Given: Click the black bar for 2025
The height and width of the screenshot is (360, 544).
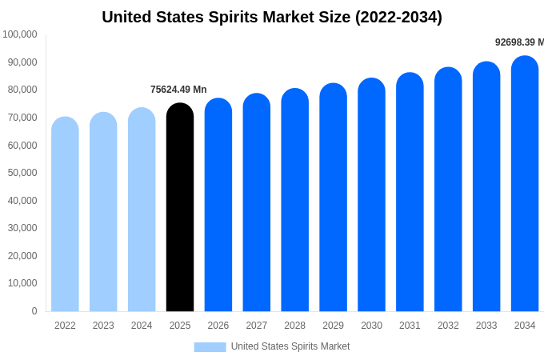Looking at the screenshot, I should click(180, 208).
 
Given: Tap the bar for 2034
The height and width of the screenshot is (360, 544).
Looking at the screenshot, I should click(525, 184).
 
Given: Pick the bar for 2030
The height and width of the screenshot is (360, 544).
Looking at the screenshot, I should click(371, 195).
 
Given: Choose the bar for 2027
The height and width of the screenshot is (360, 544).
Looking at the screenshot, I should click(257, 203).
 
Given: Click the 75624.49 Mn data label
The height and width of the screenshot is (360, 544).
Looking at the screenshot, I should click(178, 90).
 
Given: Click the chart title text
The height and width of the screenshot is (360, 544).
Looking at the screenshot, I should click(272, 17).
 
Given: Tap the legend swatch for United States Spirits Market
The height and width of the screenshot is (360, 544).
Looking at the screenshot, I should click(210, 346).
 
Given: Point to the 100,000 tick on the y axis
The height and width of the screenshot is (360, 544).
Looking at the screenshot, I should click(19, 34).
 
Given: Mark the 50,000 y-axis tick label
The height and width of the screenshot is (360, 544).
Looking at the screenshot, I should click(22, 173).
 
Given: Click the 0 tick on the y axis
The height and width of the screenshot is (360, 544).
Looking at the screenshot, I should click(34, 311).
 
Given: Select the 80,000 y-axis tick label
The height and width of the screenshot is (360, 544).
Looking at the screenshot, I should click(22, 90).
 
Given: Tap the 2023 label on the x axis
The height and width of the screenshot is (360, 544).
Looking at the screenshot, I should click(103, 326).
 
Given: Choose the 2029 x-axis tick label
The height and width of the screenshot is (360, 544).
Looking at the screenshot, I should click(333, 326).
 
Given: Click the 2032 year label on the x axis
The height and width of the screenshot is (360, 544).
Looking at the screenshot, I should click(448, 326).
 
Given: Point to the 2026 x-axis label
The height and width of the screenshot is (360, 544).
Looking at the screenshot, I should click(218, 326).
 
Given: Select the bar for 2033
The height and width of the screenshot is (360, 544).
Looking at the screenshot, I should click(486, 187).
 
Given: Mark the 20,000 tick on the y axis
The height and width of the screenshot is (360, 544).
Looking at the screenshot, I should click(22, 256).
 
